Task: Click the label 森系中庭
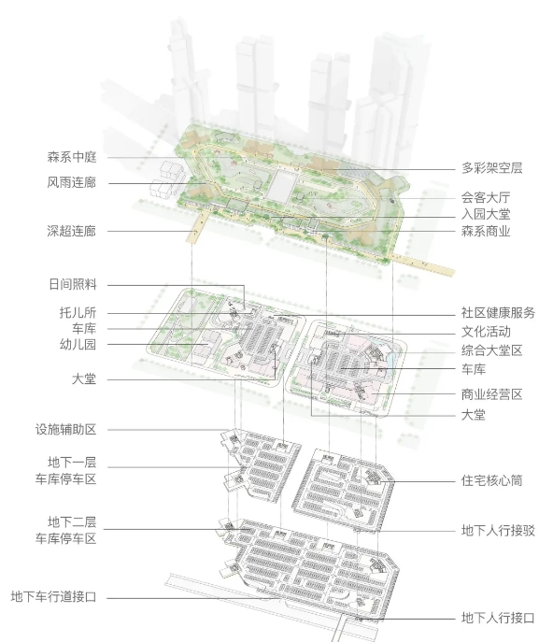[72, 157]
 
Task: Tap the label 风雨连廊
[72, 182]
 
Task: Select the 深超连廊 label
[72, 231]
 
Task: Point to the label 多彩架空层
[491, 168]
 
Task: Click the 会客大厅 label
[486, 197]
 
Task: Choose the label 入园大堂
[486, 214]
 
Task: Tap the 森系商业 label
[486, 232]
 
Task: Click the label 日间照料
[73, 284]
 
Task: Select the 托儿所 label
[78, 313]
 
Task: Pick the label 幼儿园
[78, 344]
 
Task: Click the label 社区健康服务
[498, 313]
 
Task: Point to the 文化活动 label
[486, 332]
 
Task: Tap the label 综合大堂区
[491, 350]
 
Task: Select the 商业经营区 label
[491, 394]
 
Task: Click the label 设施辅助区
[65, 430]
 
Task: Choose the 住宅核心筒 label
[491, 480]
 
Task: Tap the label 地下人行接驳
[498, 531]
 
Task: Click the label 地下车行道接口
[53, 596]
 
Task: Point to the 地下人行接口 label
[498, 618]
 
